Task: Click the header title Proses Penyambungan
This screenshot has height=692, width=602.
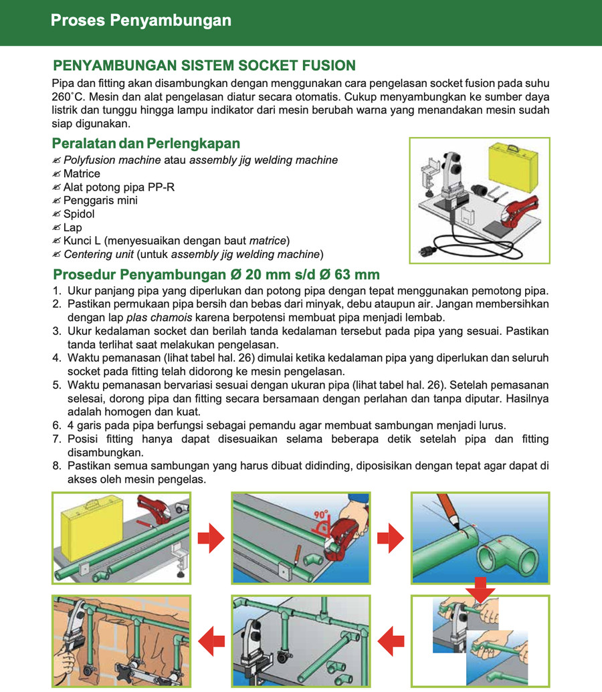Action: click(141, 20)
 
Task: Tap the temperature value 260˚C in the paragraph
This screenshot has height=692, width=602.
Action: click(68, 96)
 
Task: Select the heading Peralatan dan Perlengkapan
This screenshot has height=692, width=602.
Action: click(146, 144)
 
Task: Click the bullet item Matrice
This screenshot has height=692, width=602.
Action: click(82, 174)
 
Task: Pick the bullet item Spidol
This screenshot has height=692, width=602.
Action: click(79, 214)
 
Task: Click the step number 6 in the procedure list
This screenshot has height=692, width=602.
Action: click(56, 426)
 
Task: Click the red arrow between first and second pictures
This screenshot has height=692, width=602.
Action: click(211, 538)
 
